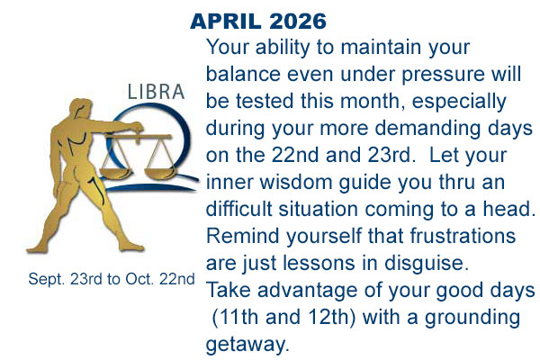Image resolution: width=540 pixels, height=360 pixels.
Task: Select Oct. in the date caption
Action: click(139, 280)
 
